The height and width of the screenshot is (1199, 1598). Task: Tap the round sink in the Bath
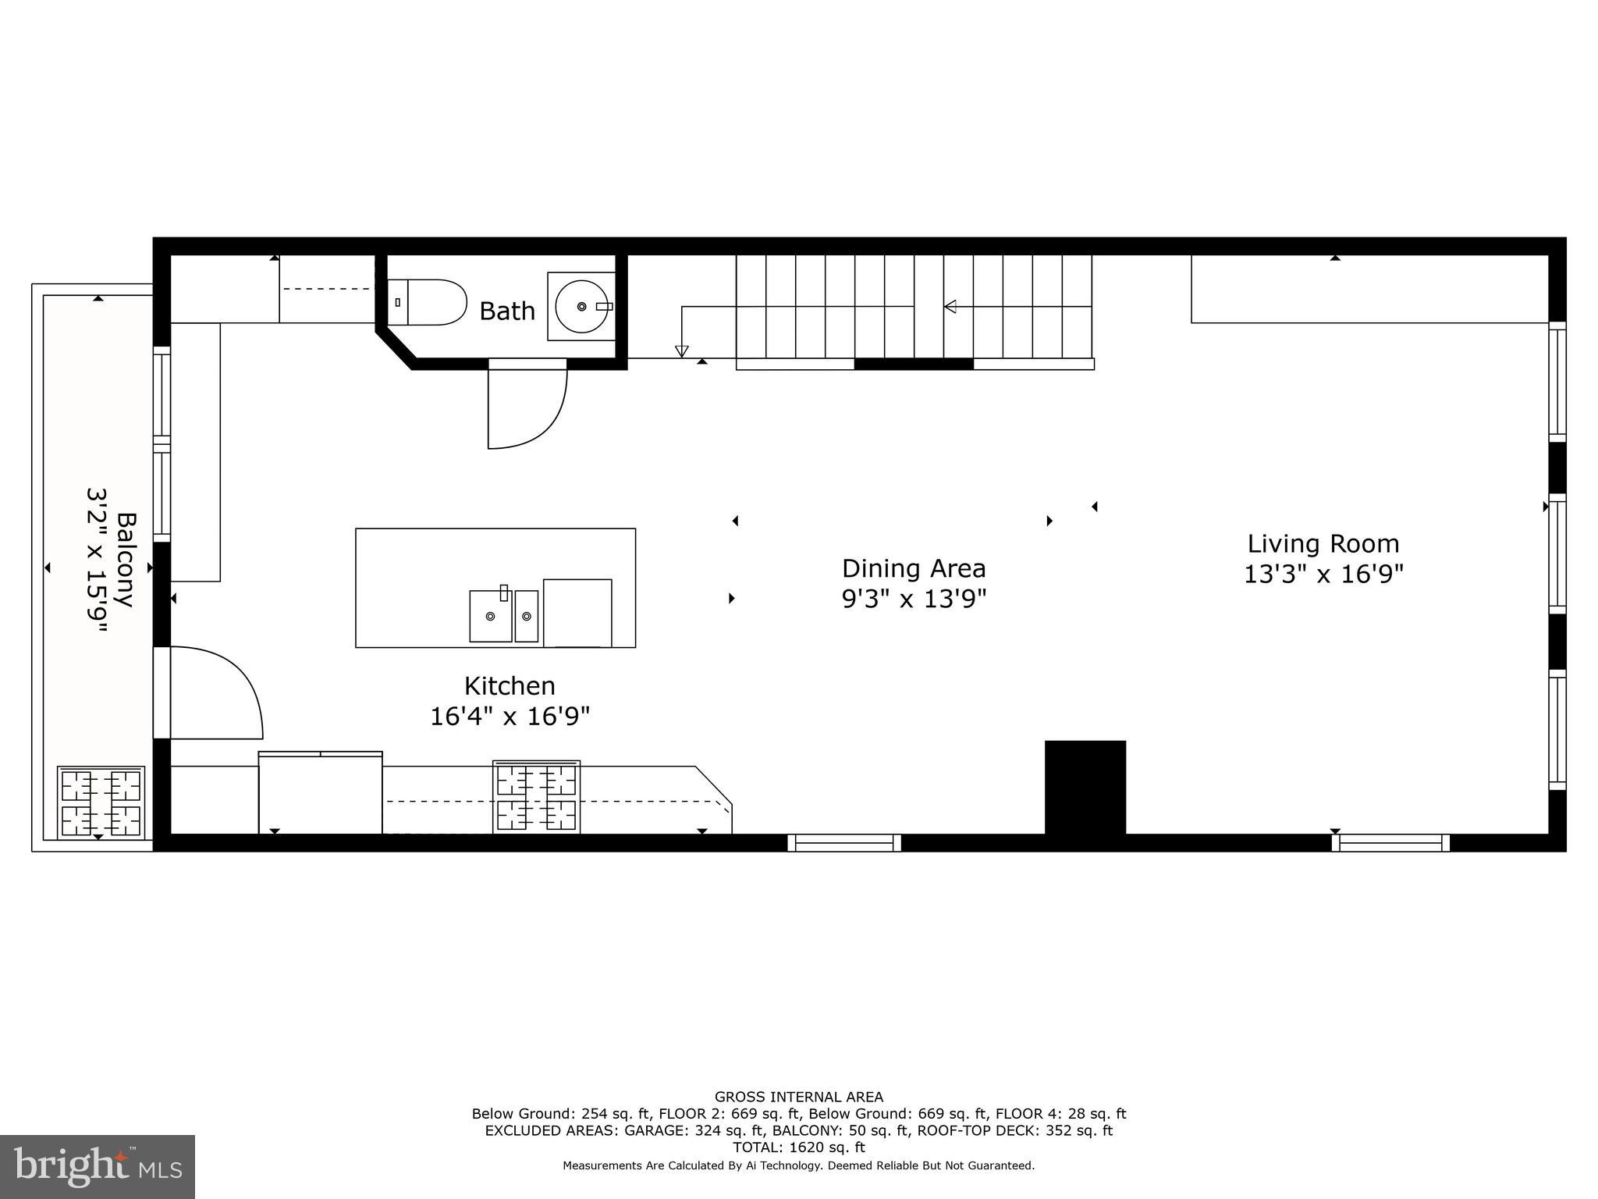582,306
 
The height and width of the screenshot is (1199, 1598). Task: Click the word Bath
507,311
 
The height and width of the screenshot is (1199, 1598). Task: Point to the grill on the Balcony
101,803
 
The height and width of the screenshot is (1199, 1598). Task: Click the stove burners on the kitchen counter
537,797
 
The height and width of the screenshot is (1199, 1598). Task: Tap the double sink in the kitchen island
503,616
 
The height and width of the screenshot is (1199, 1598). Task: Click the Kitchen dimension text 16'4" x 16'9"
510,716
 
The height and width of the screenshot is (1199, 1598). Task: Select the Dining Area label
914,568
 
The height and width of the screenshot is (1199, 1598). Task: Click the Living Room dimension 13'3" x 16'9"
1323,575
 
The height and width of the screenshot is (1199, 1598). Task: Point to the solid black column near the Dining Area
1085,787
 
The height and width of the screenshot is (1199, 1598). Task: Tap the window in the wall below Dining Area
844,843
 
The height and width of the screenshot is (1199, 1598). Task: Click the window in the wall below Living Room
1390,843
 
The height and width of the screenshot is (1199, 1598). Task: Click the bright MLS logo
98,1166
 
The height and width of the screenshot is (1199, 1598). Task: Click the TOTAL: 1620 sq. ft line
798,1147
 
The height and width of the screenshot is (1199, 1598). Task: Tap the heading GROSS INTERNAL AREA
798,1098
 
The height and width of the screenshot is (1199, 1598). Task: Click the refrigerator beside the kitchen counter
320,793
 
